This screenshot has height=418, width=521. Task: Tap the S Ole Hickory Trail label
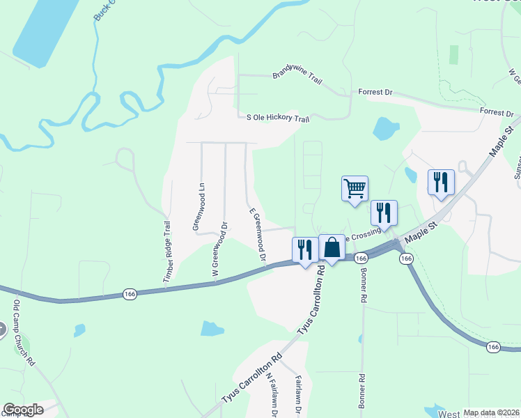click(x=278, y=118)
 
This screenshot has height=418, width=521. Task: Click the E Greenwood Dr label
click(x=258, y=237)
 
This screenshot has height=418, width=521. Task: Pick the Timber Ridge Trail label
click(x=167, y=252)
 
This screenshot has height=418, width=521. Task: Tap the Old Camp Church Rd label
click(x=24, y=333)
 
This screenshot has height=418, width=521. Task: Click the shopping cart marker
click(x=355, y=189)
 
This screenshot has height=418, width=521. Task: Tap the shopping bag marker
click(x=332, y=248)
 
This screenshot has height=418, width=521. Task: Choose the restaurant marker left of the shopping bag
click(x=304, y=249)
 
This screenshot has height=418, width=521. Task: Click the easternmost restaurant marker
click(x=441, y=183)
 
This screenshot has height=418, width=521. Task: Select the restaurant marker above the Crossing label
click(x=384, y=213)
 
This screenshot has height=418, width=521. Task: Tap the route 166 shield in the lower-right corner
click(x=493, y=347)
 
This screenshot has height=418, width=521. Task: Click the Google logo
click(x=23, y=410)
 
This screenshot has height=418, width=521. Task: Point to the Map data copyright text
click(x=491, y=412)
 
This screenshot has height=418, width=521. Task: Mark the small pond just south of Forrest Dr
click(x=385, y=128)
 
